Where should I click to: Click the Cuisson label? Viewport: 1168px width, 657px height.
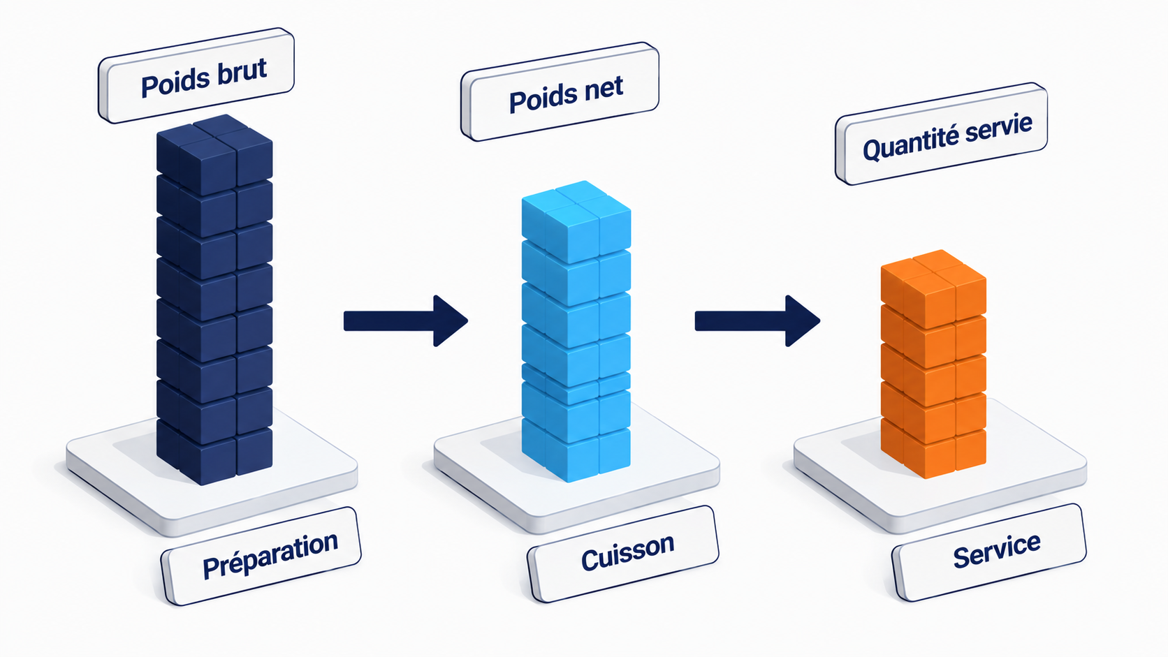623,554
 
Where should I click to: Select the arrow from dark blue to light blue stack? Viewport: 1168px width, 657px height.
406,321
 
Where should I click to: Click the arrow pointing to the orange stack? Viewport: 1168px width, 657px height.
757,321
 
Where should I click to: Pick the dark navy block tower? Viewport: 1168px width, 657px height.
214,300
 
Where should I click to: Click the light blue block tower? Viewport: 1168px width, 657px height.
576,331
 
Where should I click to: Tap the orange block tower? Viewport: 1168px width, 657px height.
933,364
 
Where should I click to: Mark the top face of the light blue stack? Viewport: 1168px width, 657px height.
576,204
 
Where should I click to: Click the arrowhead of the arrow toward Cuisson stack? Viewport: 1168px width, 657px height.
449,321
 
